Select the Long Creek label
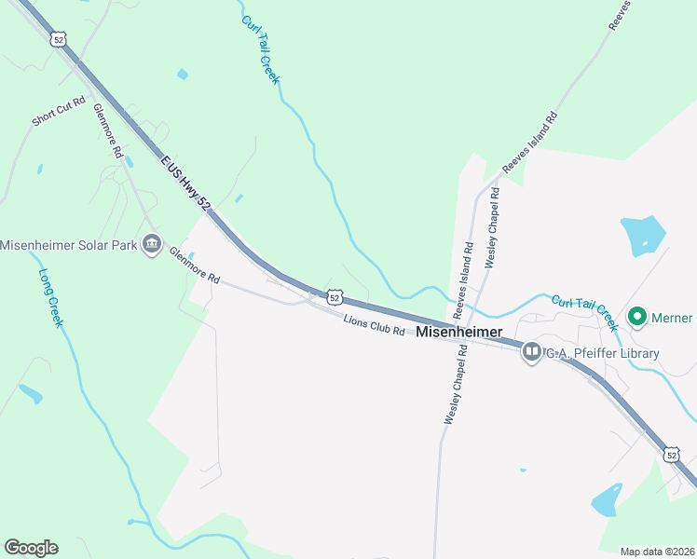[x=50, y=297]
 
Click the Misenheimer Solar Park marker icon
[x=151, y=246]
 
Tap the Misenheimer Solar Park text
[x=69, y=246]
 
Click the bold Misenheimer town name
[x=459, y=332]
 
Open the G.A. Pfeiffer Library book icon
[x=532, y=352]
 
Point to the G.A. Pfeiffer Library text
[x=602, y=353]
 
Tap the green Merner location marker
[x=638, y=318]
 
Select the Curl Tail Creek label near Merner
[x=584, y=312]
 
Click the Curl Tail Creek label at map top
[x=260, y=49]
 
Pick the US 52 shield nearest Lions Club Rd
[x=335, y=297]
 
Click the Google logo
[x=31, y=548]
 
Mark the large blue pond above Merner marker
[x=642, y=235]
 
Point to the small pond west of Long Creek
[x=30, y=394]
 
